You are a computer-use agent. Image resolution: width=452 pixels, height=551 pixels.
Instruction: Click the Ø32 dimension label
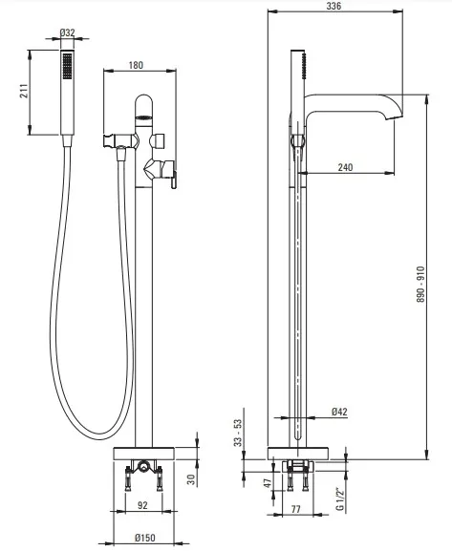click(67, 32)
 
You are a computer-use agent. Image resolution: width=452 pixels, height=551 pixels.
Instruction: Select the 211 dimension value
click(25, 91)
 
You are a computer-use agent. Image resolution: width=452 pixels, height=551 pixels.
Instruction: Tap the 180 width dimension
click(136, 65)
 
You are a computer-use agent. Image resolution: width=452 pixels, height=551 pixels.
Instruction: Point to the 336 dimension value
click(334, 6)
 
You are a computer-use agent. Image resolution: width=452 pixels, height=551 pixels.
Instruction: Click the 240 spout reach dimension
click(345, 167)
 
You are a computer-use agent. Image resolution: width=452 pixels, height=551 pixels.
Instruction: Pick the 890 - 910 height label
click(420, 285)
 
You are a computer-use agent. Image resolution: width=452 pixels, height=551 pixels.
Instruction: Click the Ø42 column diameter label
click(339, 412)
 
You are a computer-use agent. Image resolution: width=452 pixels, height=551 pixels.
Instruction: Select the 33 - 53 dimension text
click(238, 433)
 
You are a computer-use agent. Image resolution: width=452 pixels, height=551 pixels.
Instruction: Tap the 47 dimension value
click(268, 482)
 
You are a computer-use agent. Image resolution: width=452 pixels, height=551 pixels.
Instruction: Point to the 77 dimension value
click(296, 509)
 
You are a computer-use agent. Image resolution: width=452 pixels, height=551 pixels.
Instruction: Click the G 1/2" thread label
click(339, 499)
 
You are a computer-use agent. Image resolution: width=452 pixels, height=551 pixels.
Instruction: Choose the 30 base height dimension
click(191, 479)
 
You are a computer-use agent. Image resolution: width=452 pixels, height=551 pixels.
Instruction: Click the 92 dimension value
click(142, 505)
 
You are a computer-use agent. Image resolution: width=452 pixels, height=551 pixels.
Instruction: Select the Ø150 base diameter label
click(144, 538)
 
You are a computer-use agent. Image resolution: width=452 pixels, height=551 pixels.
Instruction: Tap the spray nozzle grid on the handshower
click(67, 66)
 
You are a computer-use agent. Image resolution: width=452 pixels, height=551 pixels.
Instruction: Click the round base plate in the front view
click(144, 453)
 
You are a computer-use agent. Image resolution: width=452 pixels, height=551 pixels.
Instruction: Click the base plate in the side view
click(297, 453)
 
